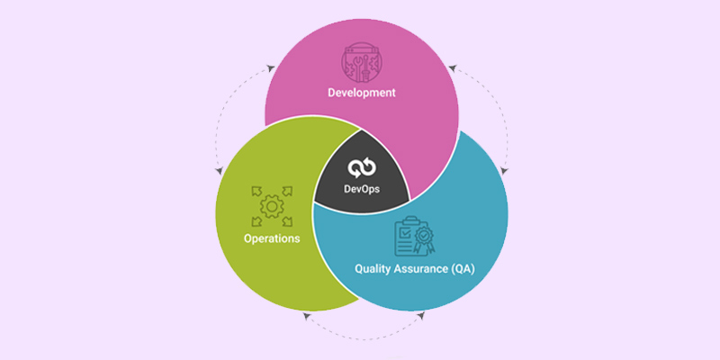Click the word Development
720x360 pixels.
click(x=362, y=93)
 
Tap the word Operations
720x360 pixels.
click(x=272, y=238)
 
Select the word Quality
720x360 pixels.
click(x=372, y=269)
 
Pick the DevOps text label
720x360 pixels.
click(x=362, y=189)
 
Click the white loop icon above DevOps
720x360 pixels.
click(x=362, y=168)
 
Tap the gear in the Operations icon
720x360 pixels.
click(x=272, y=207)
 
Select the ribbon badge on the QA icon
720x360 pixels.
click(x=422, y=240)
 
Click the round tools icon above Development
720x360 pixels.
click(x=362, y=62)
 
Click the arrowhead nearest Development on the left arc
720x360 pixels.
click(x=271, y=69)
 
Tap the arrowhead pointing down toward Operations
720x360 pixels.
click(x=219, y=171)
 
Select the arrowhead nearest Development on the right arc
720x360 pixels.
click(x=453, y=68)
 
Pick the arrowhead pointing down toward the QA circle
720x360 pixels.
click(x=504, y=171)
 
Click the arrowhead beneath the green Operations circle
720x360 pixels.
click(x=307, y=316)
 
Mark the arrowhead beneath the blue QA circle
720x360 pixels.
click(x=420, y=316)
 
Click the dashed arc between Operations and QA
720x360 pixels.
click(x=364, y=339)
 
